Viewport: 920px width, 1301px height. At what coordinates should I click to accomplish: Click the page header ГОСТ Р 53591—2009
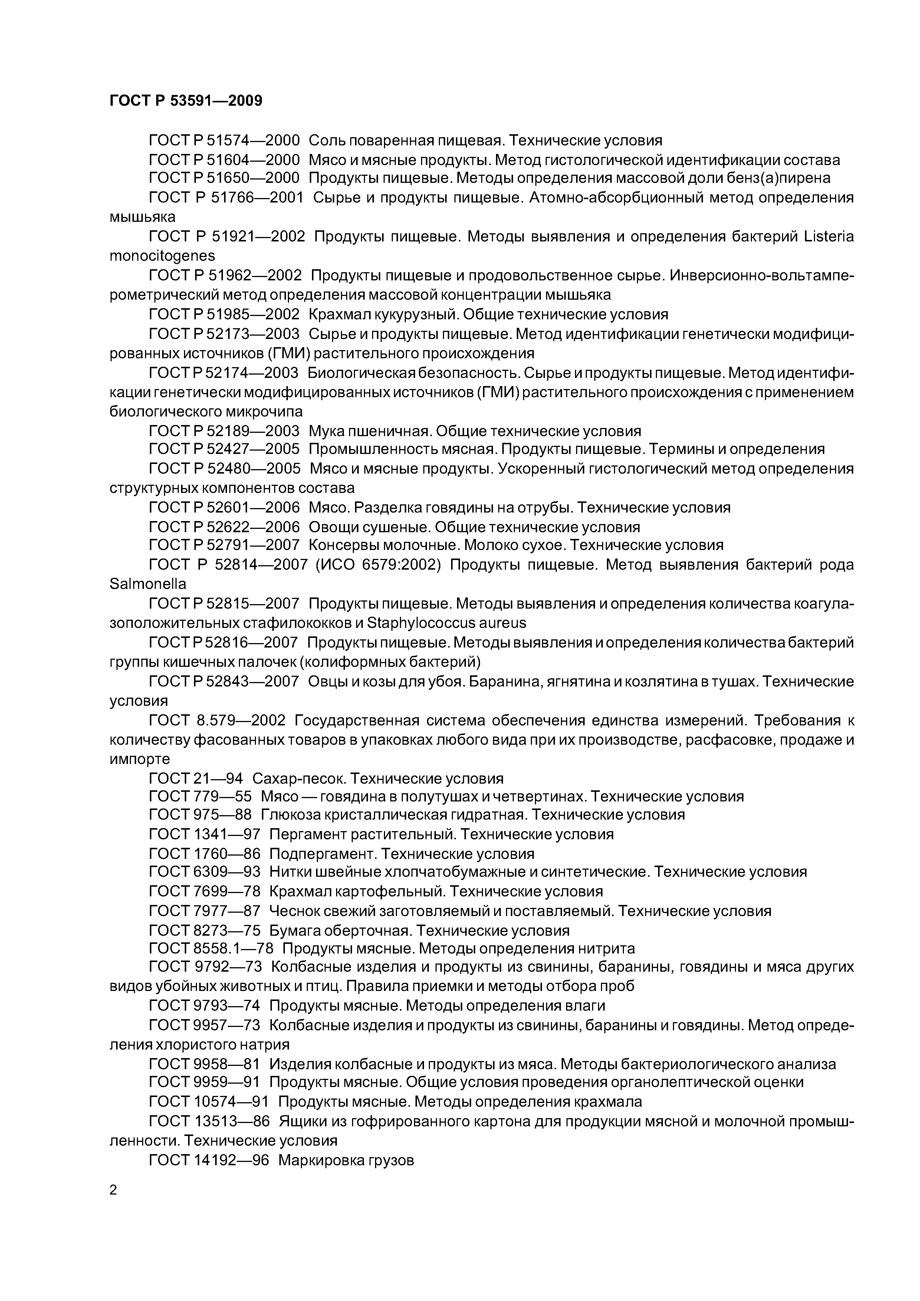pos(185,101)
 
